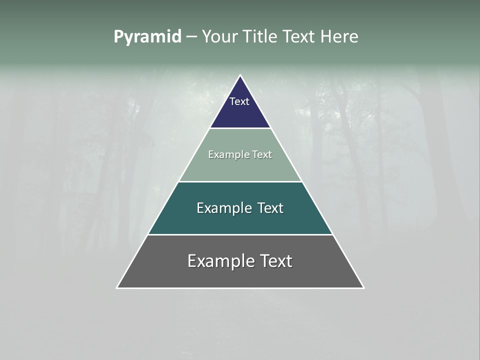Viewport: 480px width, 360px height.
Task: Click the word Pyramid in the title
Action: [147, 37]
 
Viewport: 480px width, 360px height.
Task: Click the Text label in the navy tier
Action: [239, 101]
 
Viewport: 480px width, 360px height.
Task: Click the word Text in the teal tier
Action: [271, 208]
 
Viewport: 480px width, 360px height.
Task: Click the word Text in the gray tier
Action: [276, 261]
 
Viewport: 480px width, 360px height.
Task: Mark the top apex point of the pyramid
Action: [240, 75]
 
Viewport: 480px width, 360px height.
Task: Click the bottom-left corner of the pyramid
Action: [117, 288]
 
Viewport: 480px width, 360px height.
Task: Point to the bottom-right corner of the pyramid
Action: [363, 288]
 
